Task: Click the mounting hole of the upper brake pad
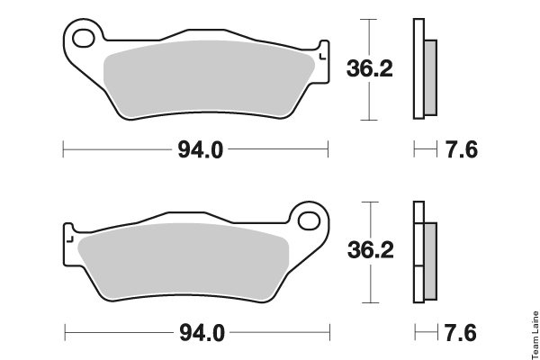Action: pyautogui.click(x=84, y=38)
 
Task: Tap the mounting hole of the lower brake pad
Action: pyautogui.click(x=309, y=220)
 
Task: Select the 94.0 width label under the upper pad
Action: pyautogui.click(x=201, y=150)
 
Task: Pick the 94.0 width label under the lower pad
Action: pyautogui.click(x=202, y=333)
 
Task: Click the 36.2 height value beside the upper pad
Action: pyautogui.click(x=370, y=68)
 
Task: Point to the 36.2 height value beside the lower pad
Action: pyautogui.click(x=371, y=250)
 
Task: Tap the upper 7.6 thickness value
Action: pyautogui.click(x=462, y=150)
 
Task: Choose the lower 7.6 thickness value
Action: pyautogui.click(x=461, y=333)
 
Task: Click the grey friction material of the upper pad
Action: pyautogui.click(x=209, y=78)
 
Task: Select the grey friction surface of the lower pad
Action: pyautogui.click(x=184, y=261)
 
